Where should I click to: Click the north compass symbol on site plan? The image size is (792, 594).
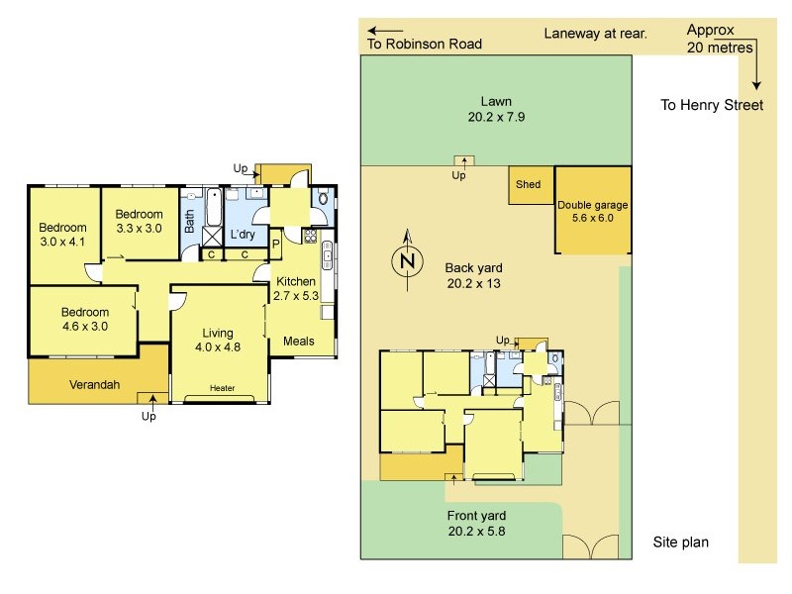[406, 260]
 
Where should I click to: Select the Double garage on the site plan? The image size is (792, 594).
[592, 211]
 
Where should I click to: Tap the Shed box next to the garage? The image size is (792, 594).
[529, 184]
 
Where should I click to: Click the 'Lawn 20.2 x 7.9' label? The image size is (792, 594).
[495, 108]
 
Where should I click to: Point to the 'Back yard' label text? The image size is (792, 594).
[473, 268]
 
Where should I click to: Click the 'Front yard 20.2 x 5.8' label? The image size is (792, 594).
[476, 523]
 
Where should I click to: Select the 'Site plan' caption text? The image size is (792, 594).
[681, 543]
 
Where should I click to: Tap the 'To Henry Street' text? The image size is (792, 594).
[712, 105]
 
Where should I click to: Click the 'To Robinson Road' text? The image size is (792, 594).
[425, 44]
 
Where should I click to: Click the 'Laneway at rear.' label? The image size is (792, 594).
[595, 34]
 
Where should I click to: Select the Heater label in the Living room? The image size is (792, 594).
[222, 388]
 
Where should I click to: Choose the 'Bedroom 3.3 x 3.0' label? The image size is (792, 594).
[139, 221]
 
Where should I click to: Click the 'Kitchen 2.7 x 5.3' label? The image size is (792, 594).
[296, 288]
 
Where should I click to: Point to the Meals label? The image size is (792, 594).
[298, 342]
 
